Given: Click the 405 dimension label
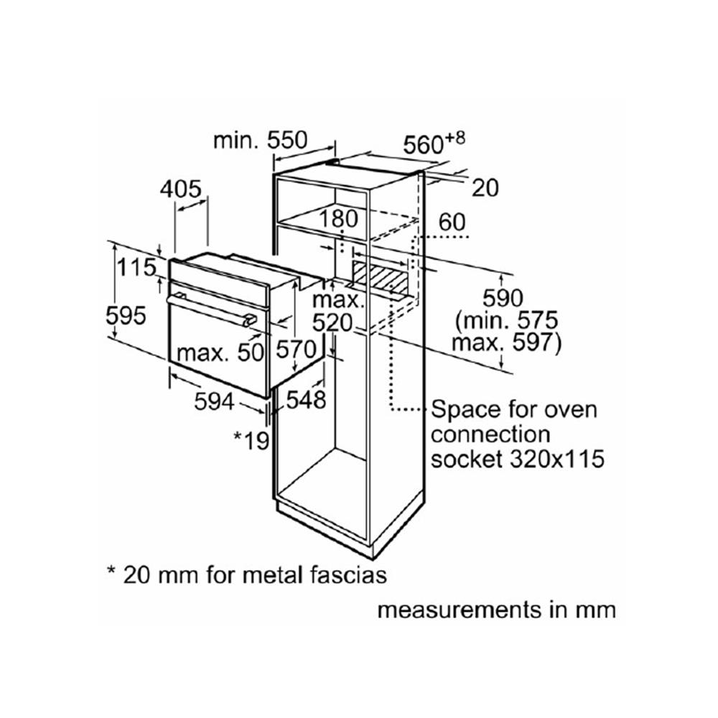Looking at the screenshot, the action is tap(180, 189).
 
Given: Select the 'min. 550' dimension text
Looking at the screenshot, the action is tap(260, 140).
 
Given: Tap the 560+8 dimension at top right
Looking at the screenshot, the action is tap(434, 144).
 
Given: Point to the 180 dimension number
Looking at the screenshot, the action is tap(338, 218).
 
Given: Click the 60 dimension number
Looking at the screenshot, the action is tap(452, 222).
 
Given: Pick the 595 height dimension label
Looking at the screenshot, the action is tap(126, 315).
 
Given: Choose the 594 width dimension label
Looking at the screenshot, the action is tap(214, 401).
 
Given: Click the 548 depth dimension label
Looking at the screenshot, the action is tap(306, 400).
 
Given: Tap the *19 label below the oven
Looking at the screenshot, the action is tap(251, 441).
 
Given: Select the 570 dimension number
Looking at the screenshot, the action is tap(296, 350).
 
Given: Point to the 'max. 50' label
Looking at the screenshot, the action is tap(220, 353).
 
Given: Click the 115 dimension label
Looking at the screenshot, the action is tap(136, 267).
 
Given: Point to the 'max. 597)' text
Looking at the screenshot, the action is tap(506, 343).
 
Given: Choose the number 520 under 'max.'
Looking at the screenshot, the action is tap(332, 323).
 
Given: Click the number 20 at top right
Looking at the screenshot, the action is tap(485, 188).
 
